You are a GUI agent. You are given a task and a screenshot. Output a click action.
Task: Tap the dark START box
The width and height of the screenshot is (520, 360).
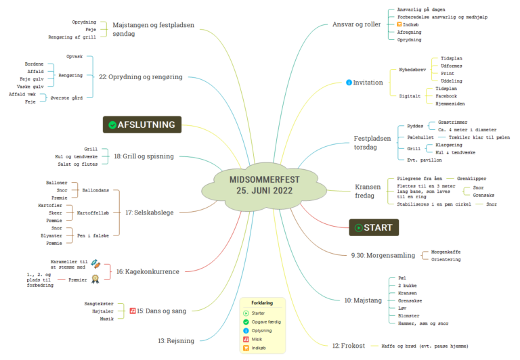coord(374,227)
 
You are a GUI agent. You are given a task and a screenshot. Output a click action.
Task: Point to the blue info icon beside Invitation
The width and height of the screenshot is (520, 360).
coord(349,83)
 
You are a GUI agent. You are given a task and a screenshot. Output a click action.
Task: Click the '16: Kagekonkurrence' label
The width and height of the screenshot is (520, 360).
coord(147,271)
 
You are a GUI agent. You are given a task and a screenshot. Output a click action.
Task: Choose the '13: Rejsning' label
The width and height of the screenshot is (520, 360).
coord(176,340)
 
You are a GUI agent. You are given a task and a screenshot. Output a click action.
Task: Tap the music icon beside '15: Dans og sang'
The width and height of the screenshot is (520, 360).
coord(133,311)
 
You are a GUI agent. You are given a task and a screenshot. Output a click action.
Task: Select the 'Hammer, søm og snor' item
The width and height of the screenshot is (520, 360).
coord(422,323)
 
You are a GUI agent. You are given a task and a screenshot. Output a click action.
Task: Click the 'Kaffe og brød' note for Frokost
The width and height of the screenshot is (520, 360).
coord(420,346)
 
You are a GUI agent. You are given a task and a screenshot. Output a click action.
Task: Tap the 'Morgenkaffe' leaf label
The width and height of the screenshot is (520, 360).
coord(446,252)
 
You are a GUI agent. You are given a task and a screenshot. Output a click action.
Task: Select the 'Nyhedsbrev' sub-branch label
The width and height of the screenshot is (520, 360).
coord(412,69)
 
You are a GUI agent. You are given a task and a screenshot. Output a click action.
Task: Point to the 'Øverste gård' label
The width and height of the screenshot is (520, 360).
coord(66,97)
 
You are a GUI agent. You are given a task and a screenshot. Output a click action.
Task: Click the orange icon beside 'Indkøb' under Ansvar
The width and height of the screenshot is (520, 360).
coord(399,24)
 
